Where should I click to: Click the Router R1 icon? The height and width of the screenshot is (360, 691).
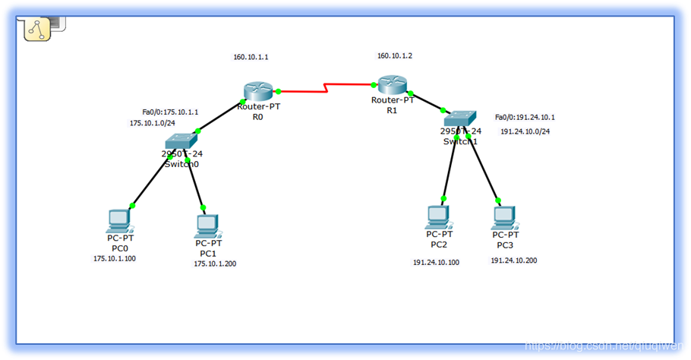click(393, 85)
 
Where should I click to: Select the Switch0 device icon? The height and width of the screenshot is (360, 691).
click(180, 141)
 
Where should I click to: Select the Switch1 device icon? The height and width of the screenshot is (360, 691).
click(460, 118)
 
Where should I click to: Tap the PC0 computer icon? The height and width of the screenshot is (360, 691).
click(119, 220)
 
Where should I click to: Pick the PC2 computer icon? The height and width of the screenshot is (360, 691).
click(438, 216)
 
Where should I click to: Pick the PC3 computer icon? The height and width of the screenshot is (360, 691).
click(504, 218)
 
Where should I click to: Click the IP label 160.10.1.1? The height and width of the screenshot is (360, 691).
click(251, 57)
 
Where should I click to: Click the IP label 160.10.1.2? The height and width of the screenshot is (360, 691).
click(395, 55)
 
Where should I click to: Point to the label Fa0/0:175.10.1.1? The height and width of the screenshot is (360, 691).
click(170, 112)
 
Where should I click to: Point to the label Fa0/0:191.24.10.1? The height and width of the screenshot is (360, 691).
click(525, 118)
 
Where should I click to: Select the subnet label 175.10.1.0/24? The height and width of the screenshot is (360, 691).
click(153, 123)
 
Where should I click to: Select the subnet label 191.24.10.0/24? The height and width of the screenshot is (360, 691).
click(525, 131)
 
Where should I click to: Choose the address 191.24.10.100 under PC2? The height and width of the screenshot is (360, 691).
click(436, 263)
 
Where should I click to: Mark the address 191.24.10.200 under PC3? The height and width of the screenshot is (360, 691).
click(513, 261)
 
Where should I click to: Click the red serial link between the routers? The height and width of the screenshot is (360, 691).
click(327, 90)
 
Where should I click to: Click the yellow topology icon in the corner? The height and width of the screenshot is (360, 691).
click(36, 29)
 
